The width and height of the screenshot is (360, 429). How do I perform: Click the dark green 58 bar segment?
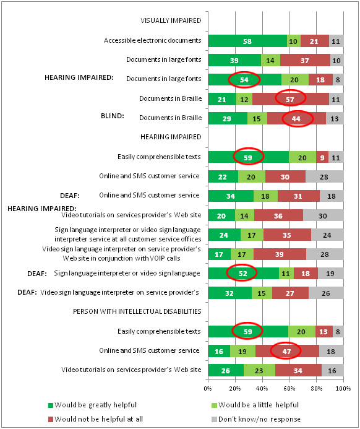[x=247, y=41]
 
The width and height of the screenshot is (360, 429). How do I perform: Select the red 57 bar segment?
[x=291, y=99]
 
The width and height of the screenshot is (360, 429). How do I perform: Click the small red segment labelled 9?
[x=322, y=157]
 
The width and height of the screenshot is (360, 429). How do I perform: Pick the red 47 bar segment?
[x=287, y=351]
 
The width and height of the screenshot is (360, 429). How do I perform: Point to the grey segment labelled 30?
[x=323, y=215]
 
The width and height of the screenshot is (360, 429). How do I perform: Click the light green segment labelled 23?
[x=259, y=370]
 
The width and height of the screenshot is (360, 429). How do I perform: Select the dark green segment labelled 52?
[x=244, y=274]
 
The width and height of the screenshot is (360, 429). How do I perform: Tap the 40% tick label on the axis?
[x=262, y=389]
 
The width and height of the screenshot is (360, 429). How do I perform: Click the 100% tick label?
[x=343, y=389]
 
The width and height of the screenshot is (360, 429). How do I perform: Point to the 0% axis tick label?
[x=208, y=389]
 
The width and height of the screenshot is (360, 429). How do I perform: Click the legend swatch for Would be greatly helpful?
[x=51, y=405]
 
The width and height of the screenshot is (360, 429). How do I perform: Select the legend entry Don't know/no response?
[x=256, y=419]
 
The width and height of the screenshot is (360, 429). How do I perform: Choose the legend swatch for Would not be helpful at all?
[x=51, y=419]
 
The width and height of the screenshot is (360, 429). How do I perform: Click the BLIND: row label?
[x=113, y=116]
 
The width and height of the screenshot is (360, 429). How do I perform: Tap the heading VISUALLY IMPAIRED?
[x=171, y=20]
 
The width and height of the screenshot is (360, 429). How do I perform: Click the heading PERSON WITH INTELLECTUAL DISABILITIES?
[x=137, y=311]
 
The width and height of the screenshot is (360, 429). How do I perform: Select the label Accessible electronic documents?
[x=153, y=40]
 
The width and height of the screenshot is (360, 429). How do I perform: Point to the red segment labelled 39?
[x=280, y=254]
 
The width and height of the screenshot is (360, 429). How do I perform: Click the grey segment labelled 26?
[x=326, y=293]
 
